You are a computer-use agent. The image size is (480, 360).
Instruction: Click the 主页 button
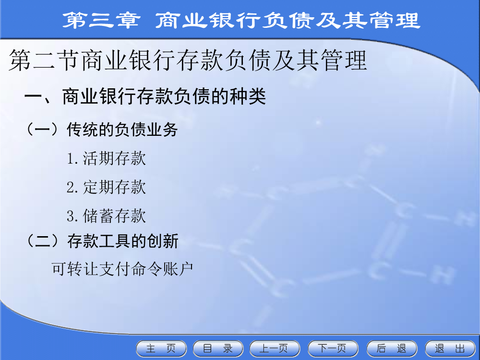pos(161,348)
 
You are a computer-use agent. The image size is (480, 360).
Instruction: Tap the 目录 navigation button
pos(218,348)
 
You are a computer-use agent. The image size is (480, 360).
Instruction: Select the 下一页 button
pos(333,348)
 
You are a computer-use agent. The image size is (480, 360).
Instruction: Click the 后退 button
pos(392,348)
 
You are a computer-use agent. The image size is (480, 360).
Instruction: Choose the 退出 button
pos(450,348)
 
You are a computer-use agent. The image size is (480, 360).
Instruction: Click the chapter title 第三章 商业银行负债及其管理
pos(241,20)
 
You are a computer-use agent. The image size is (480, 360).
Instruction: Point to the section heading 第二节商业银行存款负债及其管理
pos(188,60)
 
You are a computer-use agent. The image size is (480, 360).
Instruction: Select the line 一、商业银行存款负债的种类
pos(145,96)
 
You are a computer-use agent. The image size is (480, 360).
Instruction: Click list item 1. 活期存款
pos(106,158)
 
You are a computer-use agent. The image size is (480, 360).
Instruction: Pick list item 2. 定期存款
pos(106,187)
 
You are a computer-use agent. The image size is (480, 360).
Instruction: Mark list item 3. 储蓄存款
pos(106,216)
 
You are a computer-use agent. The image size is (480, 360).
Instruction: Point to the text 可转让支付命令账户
pos(122,269)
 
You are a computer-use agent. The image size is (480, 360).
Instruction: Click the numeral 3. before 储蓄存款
pos(72,216)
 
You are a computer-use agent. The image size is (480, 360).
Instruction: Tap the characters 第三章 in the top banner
pos(101,20)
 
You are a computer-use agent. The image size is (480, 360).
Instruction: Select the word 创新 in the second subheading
pos(163,241)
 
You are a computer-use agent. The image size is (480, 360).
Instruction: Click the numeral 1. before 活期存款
pos(72,159)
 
